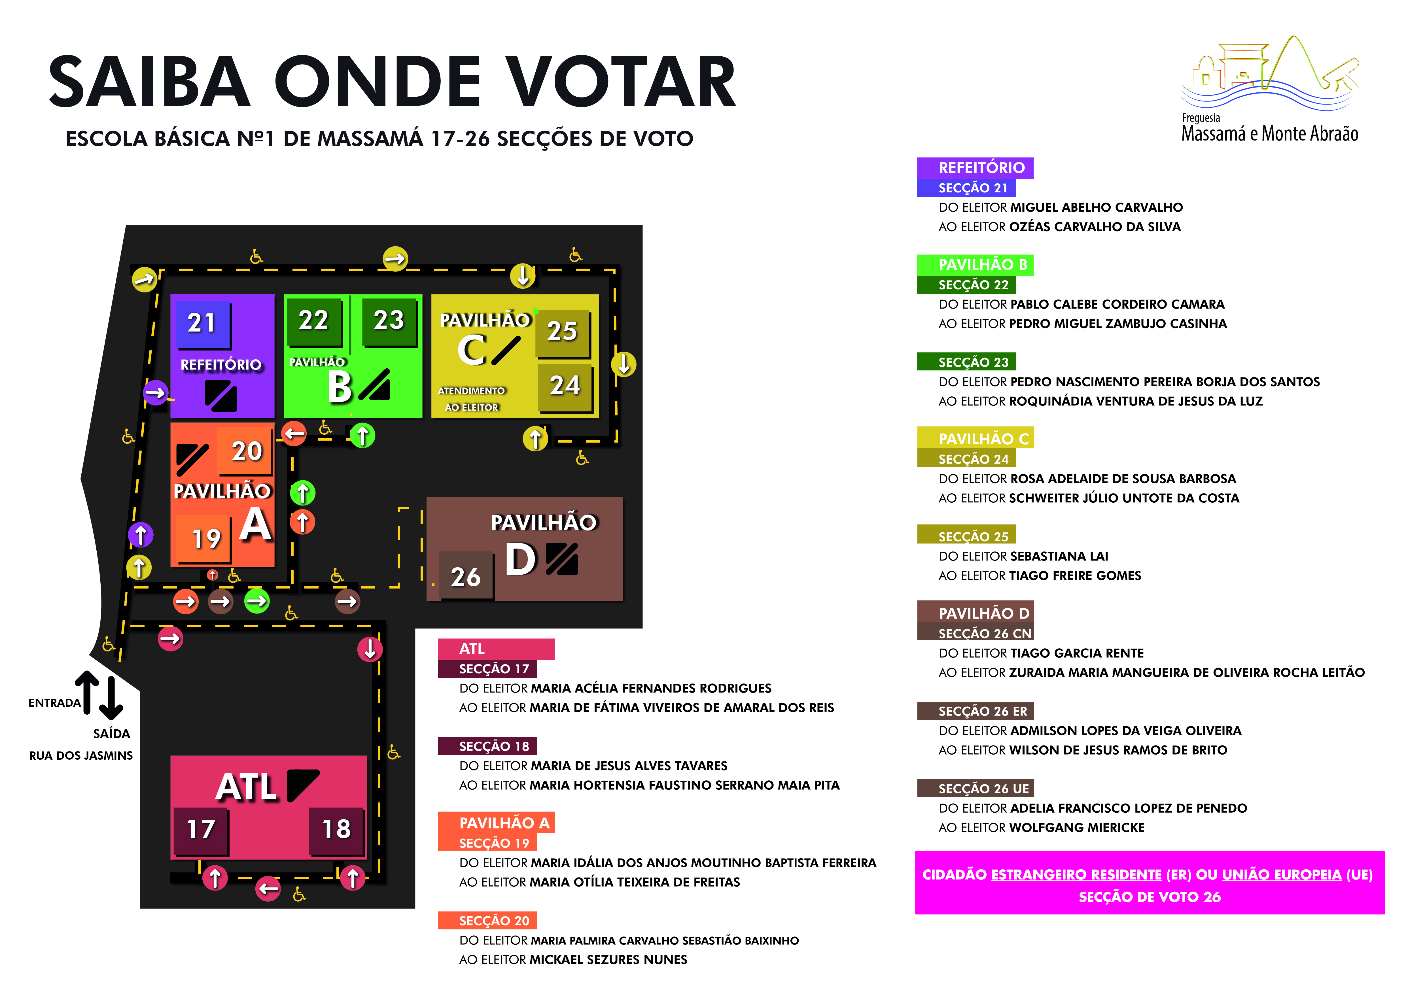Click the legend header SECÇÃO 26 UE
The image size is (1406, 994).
click(983, 788)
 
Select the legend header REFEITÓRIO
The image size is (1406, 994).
click(981, 168)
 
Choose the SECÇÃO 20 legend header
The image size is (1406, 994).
click(494, 921)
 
